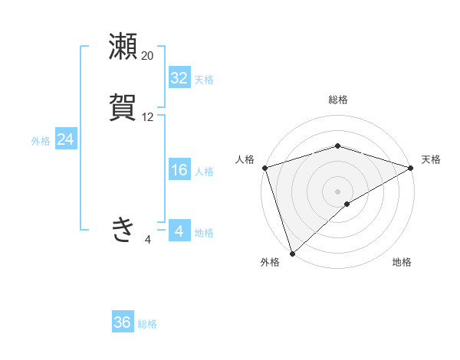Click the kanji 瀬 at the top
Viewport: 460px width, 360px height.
(x=123, y=47)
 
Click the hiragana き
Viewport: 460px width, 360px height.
(x=123, y=229)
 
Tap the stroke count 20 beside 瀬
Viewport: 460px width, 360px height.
(x=148, y=56)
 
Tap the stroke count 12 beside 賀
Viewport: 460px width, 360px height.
(x=148, y=117)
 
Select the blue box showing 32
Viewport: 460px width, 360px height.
(x=179, y=78)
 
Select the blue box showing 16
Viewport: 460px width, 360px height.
(x=179, y=170)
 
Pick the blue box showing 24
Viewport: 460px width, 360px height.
(x=65, y=139)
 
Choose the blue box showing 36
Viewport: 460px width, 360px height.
(x=123, y=322)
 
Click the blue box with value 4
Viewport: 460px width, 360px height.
(x=179, y=231)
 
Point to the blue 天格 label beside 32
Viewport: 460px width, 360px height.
(x=204, y=80)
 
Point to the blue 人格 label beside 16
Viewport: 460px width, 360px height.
(x=204, y=172)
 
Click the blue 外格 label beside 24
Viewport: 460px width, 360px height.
(x=41, y=141)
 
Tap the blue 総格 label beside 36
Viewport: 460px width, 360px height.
(x=147, y=324)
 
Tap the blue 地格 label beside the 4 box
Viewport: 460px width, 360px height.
(x=204, y=233)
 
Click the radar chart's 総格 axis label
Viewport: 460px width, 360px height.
(x=338, y=100)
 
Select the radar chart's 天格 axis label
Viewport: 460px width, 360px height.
(x=432, y=159)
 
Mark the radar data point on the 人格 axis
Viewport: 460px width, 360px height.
(x=264, y=167)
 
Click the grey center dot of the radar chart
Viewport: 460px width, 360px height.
(x=338, y=191)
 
